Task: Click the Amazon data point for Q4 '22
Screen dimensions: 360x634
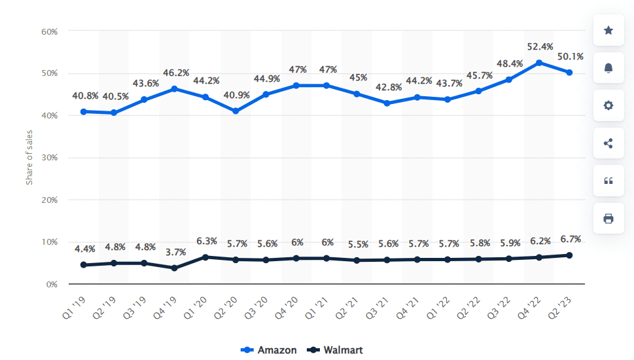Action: pyautogui.click(x=538, y=63)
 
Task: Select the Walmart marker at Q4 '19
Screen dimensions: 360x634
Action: pyautogui.click(x=174, y=268)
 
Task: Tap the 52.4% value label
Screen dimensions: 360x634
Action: pyautogui.click(x=540, y=46)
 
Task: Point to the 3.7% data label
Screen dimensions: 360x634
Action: pyautogui.click(x=176, y=252)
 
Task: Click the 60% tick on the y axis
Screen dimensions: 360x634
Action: pyautogui.click(x=50, y=31)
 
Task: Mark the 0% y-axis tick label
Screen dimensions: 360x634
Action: pyautogui.click(x=52, y=285)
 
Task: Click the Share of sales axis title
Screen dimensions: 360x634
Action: pyautogui.click(x=29, y=157)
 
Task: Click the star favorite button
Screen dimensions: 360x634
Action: pyautogui.click(x=608, y=30)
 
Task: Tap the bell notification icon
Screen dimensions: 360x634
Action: pyautogui.click(x=608, y=67)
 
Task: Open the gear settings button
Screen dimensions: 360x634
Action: pyautogui.click(x=608, y=105)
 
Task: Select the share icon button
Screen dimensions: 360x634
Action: pyautogui.click(x=608, y=143)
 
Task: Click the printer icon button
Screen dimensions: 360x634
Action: pyautogui.click(x=608, y=219)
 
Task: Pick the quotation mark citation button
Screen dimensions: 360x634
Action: pyautogui.click(x=608, y=181)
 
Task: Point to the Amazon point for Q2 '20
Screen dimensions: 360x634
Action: pyautogui.click(x=235, y=111)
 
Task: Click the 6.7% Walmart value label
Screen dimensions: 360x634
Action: pyautogui.click(x=571, y=239)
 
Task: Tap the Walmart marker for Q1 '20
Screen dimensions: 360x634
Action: pyautogui.click(x=205, y=257)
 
